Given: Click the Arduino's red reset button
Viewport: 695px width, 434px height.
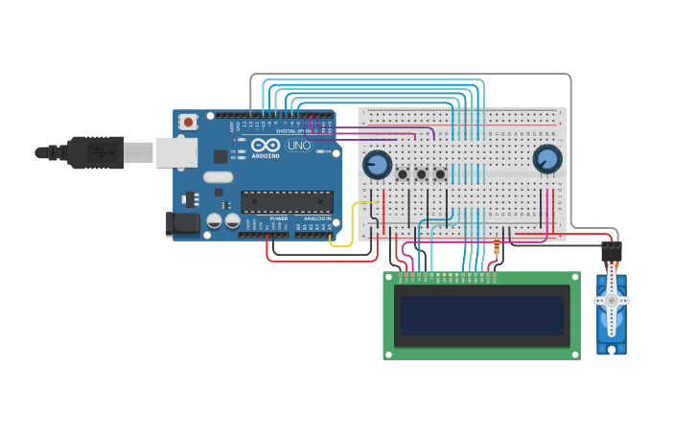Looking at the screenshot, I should pyautogui.click(x=189, y=122).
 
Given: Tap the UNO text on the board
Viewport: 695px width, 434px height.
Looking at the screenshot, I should pyautogui.click(x=299, y=146).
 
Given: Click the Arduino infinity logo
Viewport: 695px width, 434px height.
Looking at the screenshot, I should pyautogui.click(x=266, y=145).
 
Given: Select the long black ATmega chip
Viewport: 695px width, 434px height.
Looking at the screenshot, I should pyautogui.click(x=287, y=201).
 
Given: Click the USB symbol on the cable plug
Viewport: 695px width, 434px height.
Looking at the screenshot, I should pyautogui.click(x=95, y=151).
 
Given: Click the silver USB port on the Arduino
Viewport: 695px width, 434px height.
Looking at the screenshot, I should pyautogui.click(x=176, y=152).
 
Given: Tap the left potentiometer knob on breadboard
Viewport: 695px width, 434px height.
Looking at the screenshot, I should pyautogui.click(x=377, y=165).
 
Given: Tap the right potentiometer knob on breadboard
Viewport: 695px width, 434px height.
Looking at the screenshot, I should pyautogui.click(x=546, y=159).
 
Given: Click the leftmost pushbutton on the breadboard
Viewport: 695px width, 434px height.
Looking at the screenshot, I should pyautogui.click(x=403, y=174).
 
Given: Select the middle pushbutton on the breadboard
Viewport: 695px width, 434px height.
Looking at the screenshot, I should pyautogui.click(x=421, y=174).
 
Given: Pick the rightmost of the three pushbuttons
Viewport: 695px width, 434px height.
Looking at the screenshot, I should pyautogui.click(x=440, y=174).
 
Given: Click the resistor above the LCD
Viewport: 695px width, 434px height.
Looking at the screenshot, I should pyautogui.click(x=496, y=251).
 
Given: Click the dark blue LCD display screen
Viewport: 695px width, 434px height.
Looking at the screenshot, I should pyautogui.click(x=481, y=315).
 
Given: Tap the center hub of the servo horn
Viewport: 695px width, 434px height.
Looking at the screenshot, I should pyautogui.click(x=611, y=301).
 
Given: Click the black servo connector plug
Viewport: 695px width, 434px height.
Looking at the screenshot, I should pyautogui.click(x=611, y=252).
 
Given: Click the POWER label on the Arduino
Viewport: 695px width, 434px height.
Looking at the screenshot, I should pyautogui.click(x=278, y=218).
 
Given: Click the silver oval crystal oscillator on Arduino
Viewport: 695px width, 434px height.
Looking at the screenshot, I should pyautogui.click(x=218, y=176).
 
